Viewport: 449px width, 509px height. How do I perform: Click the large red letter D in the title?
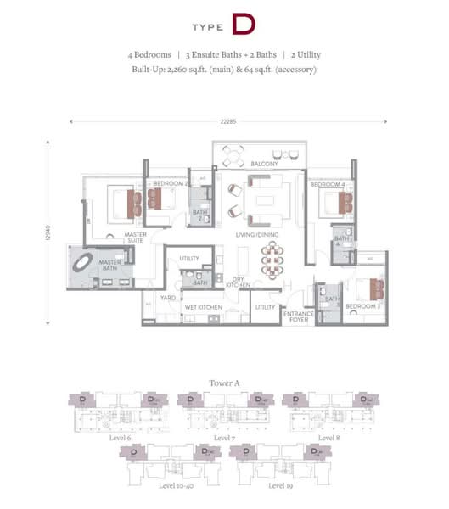click(x=242, y=25)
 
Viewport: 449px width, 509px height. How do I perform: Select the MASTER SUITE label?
click(x=136, y=238)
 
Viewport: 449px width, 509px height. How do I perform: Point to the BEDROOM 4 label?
click(x=328, y=184)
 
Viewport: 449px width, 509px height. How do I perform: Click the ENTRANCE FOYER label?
click(x=298, y=316)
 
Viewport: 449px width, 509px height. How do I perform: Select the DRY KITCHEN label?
click(x=239, y=282)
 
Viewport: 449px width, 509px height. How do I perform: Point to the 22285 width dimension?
click(x=224, y=120)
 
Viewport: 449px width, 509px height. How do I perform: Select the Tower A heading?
click(x=224, y=383)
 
